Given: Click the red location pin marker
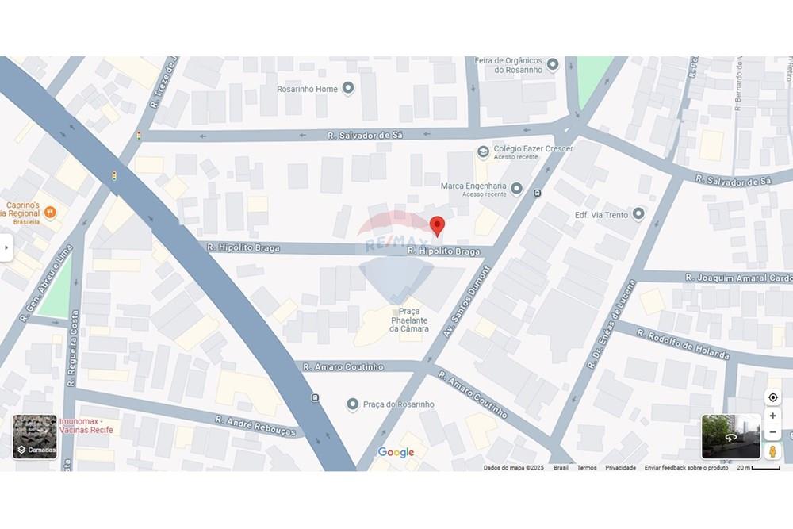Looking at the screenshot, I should [x=437, y=225].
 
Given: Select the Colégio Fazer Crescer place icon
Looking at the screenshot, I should [x=483, y=151].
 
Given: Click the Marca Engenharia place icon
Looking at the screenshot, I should [x=517, y=189].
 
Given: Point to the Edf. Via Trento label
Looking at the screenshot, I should [x=601, y=215].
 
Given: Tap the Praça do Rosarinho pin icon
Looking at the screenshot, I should [x=353, y=404].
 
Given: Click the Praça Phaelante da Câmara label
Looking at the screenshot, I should [x=409, y=320].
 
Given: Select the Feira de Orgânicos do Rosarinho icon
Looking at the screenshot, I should [x=553, y=64].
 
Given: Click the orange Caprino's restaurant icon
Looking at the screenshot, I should [x=51, y=212].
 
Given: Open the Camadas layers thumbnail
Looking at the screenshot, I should [x=35, y=436].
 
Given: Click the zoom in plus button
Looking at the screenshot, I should [x=772, y=416].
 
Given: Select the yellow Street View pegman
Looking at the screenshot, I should [x=772, y=450].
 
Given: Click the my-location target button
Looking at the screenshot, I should [x=772, y=397].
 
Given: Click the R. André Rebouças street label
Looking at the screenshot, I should [x=255, y=426].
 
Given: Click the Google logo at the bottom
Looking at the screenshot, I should [x=396, y=452].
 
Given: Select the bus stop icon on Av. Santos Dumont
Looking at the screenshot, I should [x=538, y=193].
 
